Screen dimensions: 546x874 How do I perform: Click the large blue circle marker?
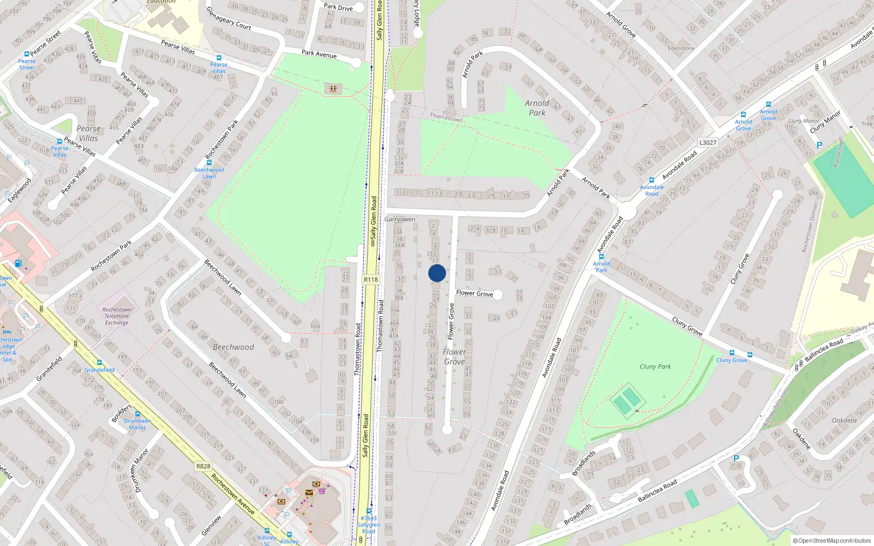437,273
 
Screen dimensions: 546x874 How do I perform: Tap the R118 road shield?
370,280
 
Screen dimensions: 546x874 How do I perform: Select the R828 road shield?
203,466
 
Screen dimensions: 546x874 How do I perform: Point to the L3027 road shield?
707,143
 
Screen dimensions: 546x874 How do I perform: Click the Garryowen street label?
400,219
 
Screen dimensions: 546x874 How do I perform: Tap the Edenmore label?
681,48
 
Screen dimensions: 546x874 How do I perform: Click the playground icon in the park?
333,88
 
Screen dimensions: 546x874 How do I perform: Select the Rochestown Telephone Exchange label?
117,316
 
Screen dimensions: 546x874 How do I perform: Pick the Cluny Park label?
655,366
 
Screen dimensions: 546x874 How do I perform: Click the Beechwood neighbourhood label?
233,347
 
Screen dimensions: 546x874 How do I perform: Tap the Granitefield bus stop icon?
99,363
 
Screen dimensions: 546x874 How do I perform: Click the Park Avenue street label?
319,54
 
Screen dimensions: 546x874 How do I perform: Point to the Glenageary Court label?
228,18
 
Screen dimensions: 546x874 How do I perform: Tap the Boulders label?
121,413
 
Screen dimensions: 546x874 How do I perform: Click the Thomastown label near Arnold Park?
446,117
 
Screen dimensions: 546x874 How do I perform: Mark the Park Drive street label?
338,7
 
